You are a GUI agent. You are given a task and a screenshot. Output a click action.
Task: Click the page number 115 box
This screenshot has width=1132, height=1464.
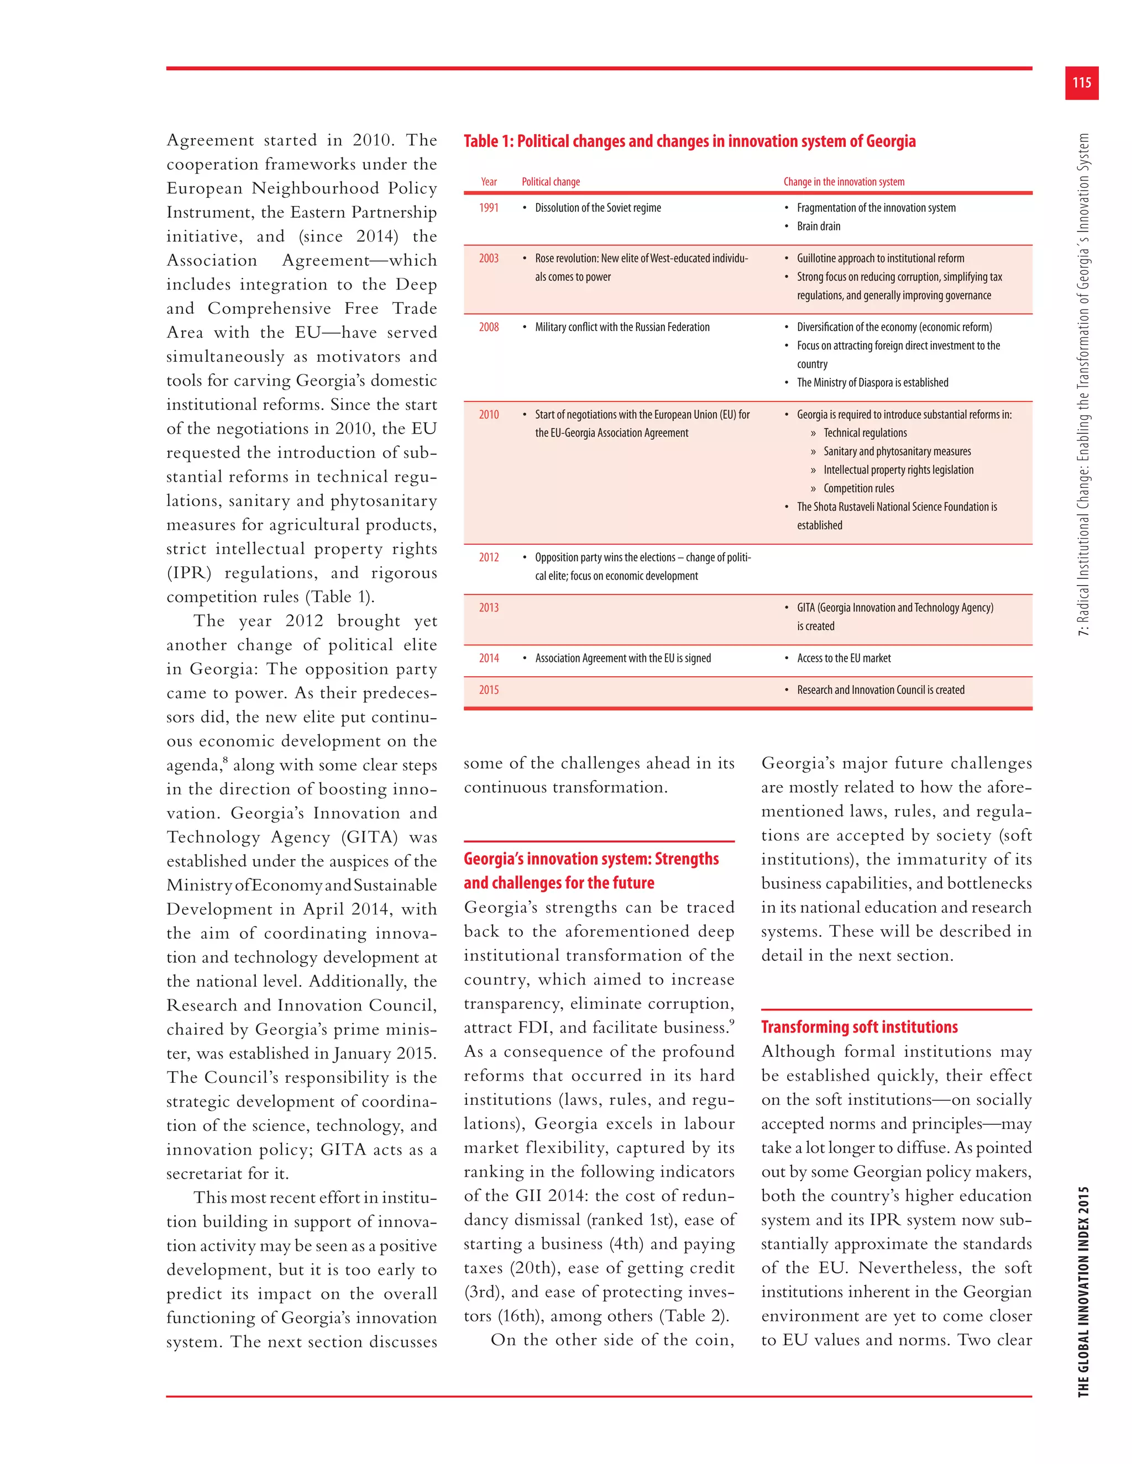pyautogui.click(x=1081, y=82)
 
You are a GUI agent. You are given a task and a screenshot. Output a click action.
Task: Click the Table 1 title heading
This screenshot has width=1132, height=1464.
pyautogui.click(x=689, y=141)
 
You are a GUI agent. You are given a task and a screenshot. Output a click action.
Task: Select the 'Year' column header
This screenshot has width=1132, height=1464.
pyautogui.click(x=488, y=182)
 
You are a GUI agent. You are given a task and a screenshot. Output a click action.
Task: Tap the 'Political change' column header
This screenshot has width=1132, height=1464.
pyautogui.click(x=551, y=182)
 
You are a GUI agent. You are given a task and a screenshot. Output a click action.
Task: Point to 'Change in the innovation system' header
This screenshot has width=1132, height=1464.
pyautogui.click(x=843, y=182)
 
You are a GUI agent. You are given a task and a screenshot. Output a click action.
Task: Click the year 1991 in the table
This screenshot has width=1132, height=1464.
pyautogui.click(x=488, y=208)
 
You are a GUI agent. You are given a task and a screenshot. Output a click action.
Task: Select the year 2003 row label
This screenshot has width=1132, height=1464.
pyautogui.click(x=488, y=258)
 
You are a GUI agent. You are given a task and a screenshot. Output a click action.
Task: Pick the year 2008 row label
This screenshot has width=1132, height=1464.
pyautogui.click(x=488, y=327)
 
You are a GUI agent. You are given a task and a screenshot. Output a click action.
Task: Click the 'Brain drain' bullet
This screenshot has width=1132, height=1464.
pyautogui.click(x=817, y=227)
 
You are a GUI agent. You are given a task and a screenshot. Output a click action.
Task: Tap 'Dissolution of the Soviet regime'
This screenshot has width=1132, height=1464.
pyautogui.click(x=598, y=208)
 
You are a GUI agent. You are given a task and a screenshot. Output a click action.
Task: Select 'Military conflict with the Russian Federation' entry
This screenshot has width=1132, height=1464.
pyautogui.click(x=622, y=327)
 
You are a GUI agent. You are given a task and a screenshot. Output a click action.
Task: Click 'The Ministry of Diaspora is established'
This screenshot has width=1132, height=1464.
pyautogui.click(x=872, y=383)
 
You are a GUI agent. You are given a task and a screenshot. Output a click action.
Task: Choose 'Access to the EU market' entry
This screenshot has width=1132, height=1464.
pyautogui.click(x=843, y=659)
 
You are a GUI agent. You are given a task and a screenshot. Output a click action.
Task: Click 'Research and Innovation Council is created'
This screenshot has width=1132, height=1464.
pyautogui.click(x=880, y=690)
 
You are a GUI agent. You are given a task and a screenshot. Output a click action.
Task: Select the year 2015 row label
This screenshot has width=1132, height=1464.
pyautogui.click(x=488, y=690)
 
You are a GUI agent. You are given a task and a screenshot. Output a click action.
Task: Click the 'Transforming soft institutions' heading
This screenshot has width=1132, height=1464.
pyautogui.click(x=859, y=1027)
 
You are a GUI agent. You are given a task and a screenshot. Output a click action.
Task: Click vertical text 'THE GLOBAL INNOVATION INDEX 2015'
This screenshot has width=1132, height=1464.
pyautogui.click(x=1083, y=1291)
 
